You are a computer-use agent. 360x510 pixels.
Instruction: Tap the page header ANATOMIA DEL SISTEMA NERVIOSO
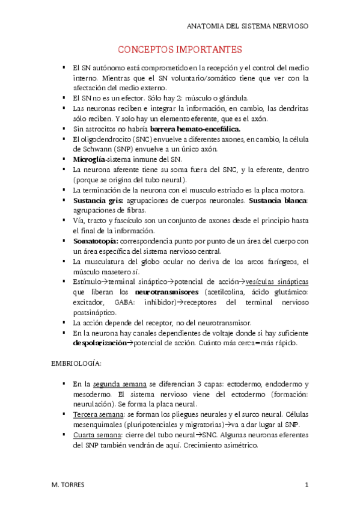(257, 26)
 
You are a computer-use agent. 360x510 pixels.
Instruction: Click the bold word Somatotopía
(96, 241)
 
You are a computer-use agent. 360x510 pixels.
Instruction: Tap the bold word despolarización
(100, 343)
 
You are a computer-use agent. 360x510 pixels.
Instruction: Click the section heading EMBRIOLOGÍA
(76, 364)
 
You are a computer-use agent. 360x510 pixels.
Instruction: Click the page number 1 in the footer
(307, 485)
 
